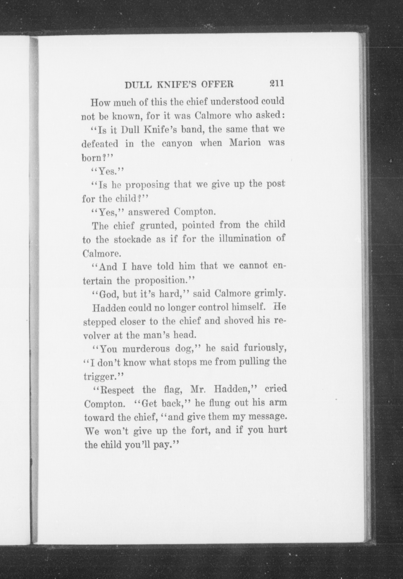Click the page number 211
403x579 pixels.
tap(277, 83)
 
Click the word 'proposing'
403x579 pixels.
tap(148, 185)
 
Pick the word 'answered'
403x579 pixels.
tap(149, 212)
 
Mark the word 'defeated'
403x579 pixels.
tap(100, 144)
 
